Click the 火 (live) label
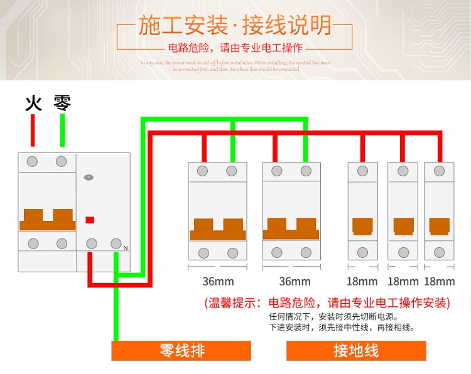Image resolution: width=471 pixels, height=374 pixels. point(33,102)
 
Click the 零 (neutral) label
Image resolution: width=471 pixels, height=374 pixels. point(62,102)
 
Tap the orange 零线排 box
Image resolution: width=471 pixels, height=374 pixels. point(181,350)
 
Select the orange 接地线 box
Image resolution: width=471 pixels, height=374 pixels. point(356,350)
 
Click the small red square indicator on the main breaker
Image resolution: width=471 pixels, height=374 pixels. point(90,220)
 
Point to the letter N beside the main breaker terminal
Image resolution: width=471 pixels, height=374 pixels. point(126,248)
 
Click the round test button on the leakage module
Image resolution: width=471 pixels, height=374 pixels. point(88,178)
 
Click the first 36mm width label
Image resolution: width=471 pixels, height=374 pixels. point(217,281)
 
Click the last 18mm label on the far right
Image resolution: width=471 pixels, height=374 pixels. point(440,281)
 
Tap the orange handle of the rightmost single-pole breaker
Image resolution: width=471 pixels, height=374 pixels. point(439,226)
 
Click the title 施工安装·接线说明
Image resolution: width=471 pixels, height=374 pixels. point(235,26)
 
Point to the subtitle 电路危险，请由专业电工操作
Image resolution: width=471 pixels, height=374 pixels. point(235,48)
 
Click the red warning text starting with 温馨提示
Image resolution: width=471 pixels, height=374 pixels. point(327,303)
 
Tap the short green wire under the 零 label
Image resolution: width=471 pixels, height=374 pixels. point(62,132)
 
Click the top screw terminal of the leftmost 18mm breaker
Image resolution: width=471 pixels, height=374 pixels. point(363,171)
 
